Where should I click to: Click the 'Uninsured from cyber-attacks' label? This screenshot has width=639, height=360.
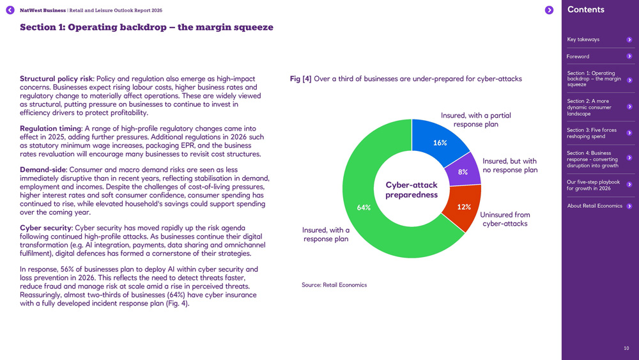(x=505, y=219)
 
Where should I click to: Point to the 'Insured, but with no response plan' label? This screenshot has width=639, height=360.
(x=509, y=166)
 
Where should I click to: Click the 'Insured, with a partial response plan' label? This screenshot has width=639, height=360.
(x=475, y=120)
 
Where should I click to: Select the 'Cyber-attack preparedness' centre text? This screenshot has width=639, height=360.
(x=412, y=190)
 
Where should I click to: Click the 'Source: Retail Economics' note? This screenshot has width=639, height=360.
(x=334, y=285)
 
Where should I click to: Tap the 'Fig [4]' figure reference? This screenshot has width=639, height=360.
(x=300, y=79)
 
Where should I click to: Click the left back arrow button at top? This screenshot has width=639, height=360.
(x=10, y=10)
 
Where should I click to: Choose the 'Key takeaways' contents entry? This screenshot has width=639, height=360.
(x=583, y=40)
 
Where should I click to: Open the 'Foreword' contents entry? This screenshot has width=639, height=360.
(x=578, y=56)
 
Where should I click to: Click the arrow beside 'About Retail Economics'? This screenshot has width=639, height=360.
(x=629, y=206)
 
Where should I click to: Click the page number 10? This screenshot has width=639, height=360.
(x=626, y=348)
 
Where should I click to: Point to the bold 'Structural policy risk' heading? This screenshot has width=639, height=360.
(x=56, y=79)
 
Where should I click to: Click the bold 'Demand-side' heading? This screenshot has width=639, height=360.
(x=43, y=169)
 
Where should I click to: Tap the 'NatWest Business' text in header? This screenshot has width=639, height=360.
(x=42, y=10)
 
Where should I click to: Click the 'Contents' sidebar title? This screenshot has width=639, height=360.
(x=585, y=10)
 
